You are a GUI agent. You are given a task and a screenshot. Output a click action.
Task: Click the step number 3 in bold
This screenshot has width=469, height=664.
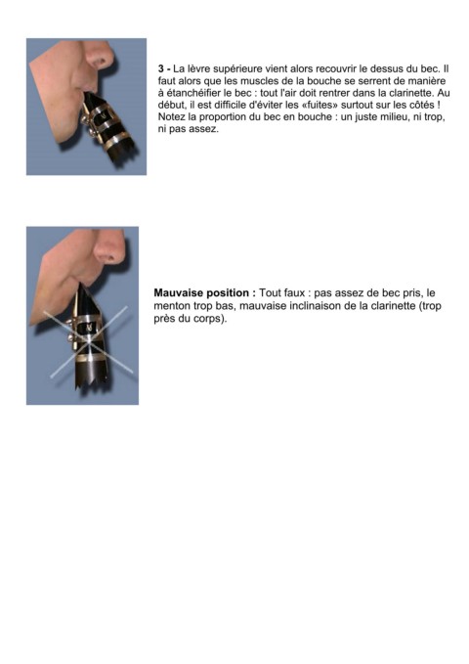coord(161,68)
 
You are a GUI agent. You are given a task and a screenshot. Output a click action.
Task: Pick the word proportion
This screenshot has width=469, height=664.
coord(224,117)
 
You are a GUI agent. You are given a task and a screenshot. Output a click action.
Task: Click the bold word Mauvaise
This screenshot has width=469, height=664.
coord(178,292)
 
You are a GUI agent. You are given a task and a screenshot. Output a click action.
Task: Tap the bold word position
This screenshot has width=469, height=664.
coord(231,293)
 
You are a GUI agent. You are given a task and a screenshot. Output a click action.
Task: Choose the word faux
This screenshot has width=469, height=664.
coord(295,293)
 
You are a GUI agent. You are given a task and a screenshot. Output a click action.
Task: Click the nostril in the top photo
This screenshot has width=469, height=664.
coord(102,62)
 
